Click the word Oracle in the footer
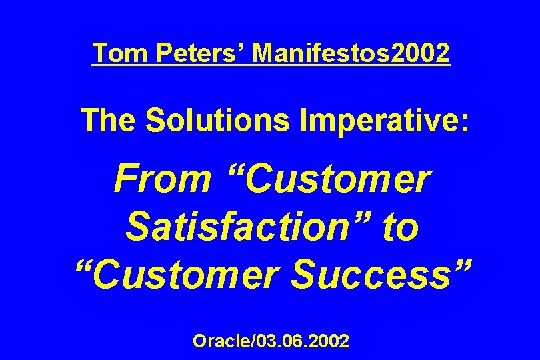pyautogui.click(x=219, y=341)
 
